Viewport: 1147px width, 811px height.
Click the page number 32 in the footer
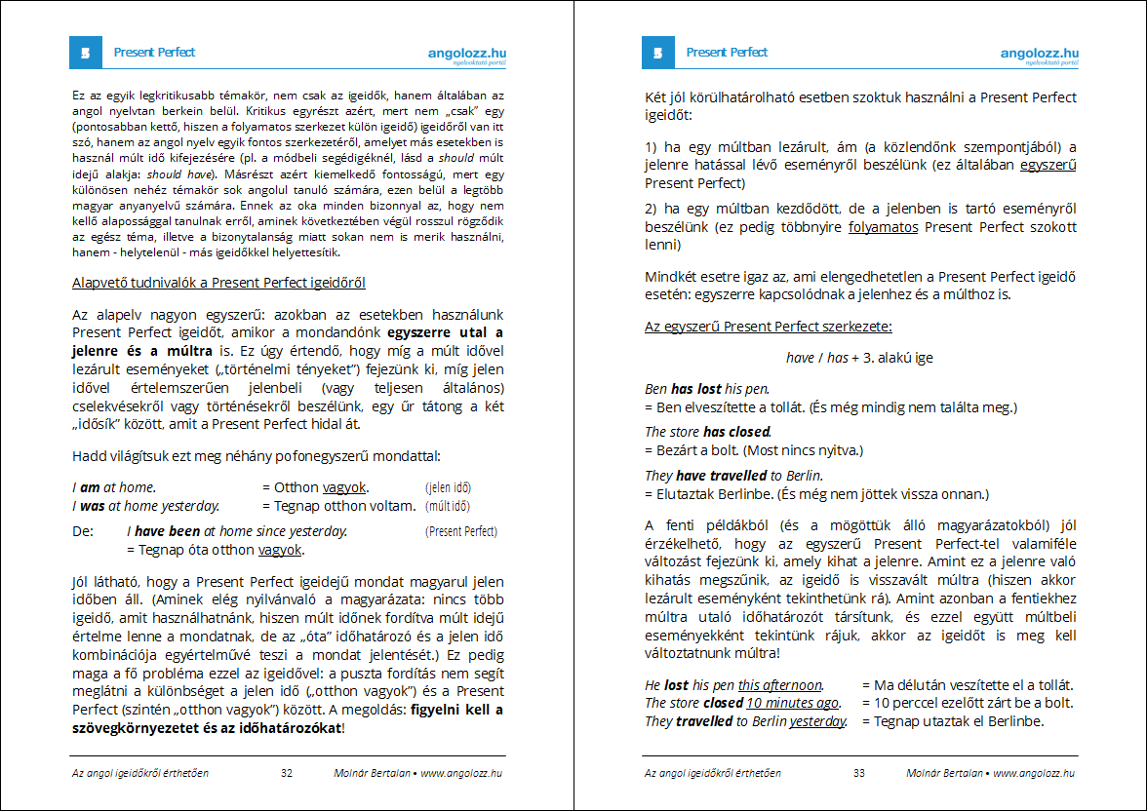(287, 773)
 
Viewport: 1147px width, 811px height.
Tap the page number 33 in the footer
(859, 773)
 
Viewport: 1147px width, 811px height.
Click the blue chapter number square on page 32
(86, 53)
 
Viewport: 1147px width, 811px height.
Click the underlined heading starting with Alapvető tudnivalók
(218, 283)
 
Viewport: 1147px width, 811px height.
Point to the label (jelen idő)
(449, 487)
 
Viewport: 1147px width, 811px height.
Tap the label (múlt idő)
(448, 507)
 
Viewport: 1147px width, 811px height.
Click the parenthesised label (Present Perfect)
(461, 532)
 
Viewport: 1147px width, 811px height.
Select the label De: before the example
(82, 532)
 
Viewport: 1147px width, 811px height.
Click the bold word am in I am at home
(90, 487)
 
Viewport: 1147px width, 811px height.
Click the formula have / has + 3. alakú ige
(859, 358)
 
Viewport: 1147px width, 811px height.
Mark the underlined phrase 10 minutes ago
(792, 703)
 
